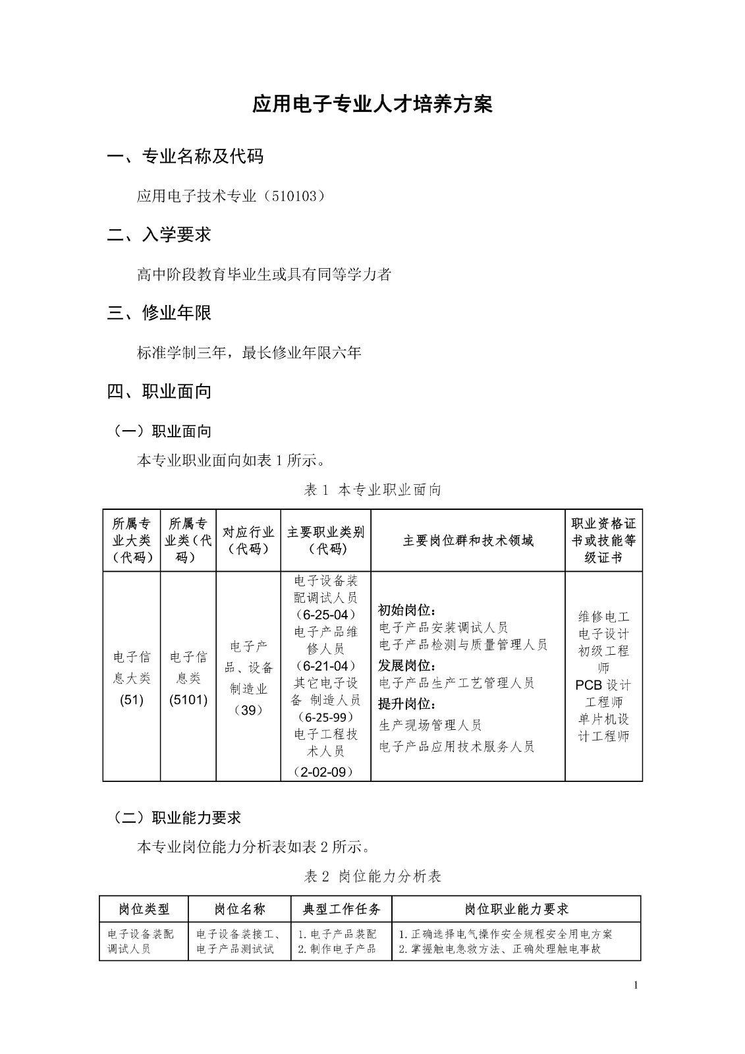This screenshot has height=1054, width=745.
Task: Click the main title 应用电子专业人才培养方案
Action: point(372,105)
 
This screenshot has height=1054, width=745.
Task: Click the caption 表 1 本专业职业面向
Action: point(372,489)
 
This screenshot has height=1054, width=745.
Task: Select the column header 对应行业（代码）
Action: point(248,540)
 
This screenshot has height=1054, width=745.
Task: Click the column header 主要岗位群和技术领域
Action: point(468,541)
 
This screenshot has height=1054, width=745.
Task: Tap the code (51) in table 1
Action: point(132,700)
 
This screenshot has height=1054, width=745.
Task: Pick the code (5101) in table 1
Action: point(188,700)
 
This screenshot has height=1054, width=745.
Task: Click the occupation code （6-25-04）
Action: point(325,615)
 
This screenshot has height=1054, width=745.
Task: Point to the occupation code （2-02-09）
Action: point(325,771)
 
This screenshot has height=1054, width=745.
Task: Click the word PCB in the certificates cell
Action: point(588,684)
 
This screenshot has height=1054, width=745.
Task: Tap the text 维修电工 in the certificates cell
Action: point(604,617)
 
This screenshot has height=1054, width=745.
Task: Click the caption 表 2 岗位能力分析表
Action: point(372,876)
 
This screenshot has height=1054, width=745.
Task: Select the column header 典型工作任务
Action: point(341,909)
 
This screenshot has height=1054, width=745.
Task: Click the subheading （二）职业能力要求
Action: point(178,818)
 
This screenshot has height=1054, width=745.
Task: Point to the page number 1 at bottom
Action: point(636,985)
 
